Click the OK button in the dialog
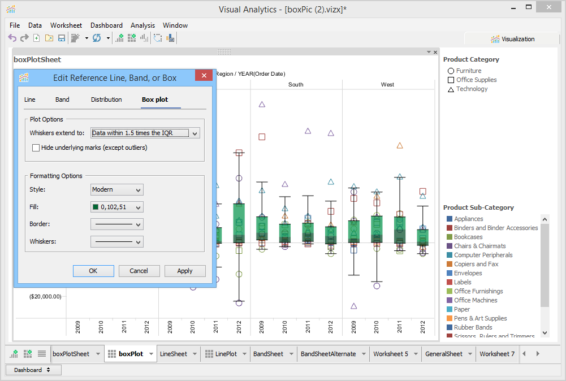point(93,271)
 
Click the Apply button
point(185,271)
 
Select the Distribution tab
point(106,99)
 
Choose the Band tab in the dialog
point(62,99)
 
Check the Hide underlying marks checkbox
point(36,148)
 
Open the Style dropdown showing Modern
point(116,190)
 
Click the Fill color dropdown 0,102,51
point(116,207)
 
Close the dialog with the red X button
point(204,77)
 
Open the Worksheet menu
point(66,25)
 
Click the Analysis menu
point(142,25)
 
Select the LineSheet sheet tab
point(174,354)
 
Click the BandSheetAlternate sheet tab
point(328,354)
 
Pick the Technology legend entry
point(472,89)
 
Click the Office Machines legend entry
point(476,300)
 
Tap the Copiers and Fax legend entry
point(476,264)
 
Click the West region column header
point(387,85)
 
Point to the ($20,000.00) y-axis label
point(45,296)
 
